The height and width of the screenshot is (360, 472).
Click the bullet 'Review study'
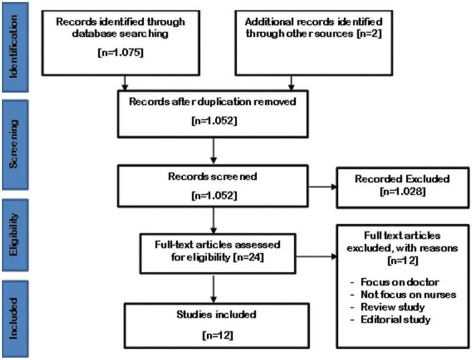pyautogui.click(x=390, y=308)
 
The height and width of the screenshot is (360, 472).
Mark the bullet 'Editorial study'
pyautogui.click(x=394, y=320)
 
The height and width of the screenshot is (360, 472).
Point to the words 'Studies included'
pyautogui.click(x=214, y=315)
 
